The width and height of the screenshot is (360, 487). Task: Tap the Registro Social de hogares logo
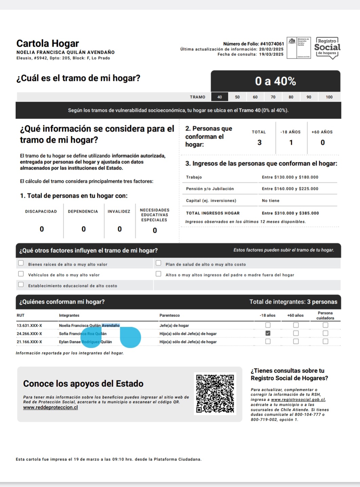click(327, 48)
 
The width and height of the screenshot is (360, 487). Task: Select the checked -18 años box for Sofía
click(268, 333)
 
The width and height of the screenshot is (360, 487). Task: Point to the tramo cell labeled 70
click(273, 97)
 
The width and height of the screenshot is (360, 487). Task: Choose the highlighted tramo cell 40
click(220, 97)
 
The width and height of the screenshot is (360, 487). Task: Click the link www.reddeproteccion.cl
click(51, 407)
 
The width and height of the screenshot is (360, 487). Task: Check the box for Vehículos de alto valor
click(21, 274)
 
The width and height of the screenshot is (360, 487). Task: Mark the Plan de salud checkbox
click(158, 263)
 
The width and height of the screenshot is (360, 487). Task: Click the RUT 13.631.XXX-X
click(30, 326)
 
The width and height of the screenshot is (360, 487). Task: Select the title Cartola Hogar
click(48, 43)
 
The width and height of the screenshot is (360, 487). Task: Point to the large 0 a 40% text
click(275, 81)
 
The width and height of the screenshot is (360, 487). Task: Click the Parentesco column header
click(170, 315)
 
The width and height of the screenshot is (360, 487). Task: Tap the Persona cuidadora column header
click(325, 315)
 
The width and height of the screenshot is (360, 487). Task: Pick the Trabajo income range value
click(290, 177)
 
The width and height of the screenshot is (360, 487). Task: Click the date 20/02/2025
click(271, 49)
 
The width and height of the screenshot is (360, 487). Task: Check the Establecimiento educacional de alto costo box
click(21, 285)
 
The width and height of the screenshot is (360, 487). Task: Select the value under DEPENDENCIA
click(83, 229)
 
